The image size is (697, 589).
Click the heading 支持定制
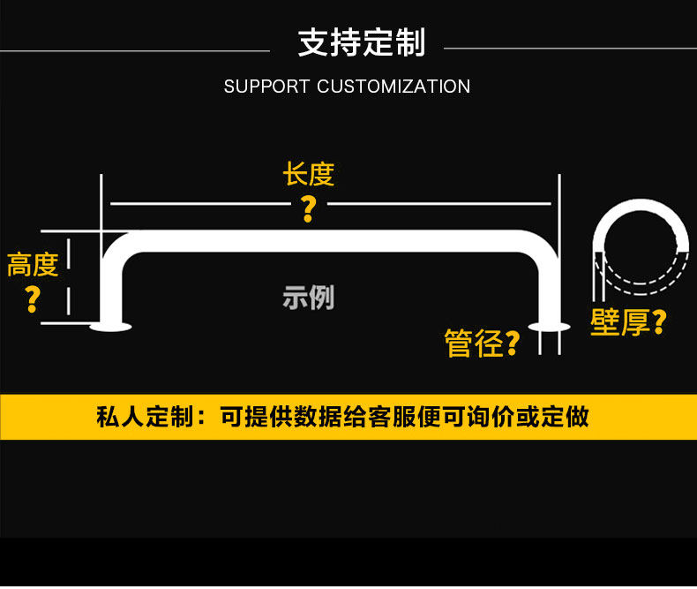[x=362, y=43]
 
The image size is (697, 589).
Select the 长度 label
[x=309, y=174]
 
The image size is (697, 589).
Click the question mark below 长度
[x=308, y=208]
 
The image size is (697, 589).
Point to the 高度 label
[x=33, y=264]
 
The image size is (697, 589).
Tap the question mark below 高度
[x=33, y=298]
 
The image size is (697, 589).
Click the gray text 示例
[x=309, y=298]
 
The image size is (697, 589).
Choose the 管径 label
[x=474, y=344]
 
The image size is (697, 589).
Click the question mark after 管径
[x=513, y=344]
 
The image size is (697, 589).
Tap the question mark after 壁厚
[x=658, y=322]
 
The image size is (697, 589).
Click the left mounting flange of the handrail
[x=110, y=327]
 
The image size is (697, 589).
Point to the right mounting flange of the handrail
[x=550, y=327]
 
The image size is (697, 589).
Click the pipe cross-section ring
[x=641, y=208]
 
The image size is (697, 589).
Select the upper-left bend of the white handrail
[x=120, y=245]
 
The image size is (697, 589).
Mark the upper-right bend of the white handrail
[x=542, y=245]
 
